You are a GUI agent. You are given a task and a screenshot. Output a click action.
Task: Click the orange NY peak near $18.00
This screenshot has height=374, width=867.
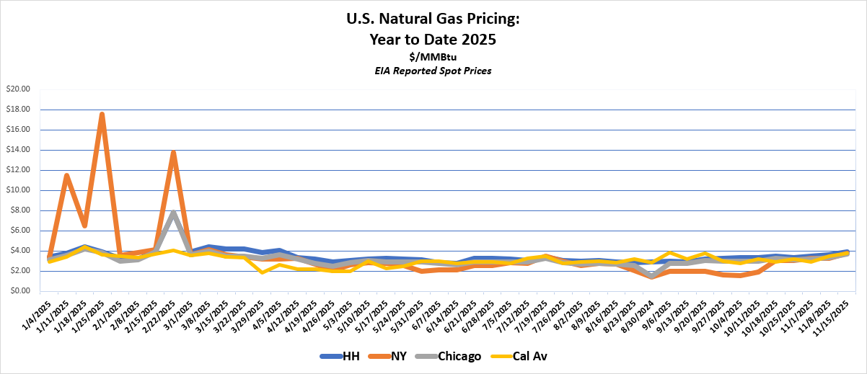[x=102, y=114]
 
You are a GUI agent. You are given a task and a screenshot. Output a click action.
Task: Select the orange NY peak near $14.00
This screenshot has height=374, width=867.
[x=173, y=152]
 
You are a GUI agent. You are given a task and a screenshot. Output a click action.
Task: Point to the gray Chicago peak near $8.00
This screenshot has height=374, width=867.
[x=173, y=212]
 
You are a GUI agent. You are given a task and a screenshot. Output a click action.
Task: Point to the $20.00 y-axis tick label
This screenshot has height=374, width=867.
[x=18, y=89]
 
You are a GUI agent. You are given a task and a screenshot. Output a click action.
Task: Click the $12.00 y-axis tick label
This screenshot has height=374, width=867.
[x=18, y=170]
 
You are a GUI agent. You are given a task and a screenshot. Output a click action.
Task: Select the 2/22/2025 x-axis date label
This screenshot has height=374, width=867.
[x=162, y=315]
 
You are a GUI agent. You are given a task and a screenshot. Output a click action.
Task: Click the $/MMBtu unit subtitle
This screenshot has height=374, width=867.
[x=433, y=56]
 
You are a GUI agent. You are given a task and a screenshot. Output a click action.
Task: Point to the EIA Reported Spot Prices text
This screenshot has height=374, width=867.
[x=433, y=71]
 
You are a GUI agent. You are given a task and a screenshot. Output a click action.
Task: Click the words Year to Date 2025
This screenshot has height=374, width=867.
[x=433, y=40]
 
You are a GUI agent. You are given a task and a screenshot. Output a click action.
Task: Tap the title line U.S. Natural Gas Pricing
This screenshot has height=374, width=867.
[x=433, y=19]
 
